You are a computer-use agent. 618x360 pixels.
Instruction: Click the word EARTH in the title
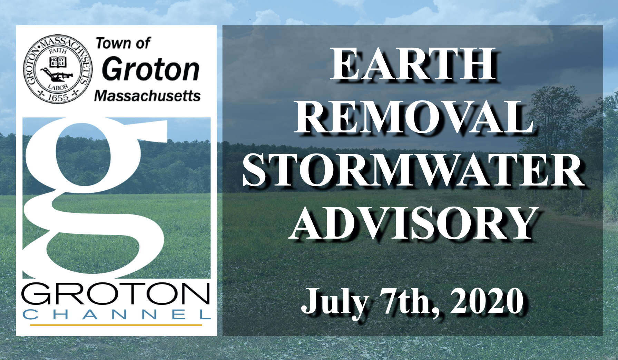coord(413,64)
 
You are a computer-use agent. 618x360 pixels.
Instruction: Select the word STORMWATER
coord(413,170)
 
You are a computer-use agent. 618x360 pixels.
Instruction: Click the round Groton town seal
coord(58,69)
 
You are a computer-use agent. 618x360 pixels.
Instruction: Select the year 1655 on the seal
coord(58,98)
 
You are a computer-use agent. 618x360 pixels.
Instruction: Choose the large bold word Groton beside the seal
coord(150,69)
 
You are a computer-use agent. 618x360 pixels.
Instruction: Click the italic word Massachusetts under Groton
coord(147,96)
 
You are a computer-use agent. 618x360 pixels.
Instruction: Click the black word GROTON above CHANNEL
coord(116,293)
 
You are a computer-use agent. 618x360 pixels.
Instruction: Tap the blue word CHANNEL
coord(117,314)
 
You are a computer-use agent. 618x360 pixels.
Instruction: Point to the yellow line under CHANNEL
coord(116,325)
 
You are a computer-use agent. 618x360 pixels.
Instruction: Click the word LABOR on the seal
coord(58,87)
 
